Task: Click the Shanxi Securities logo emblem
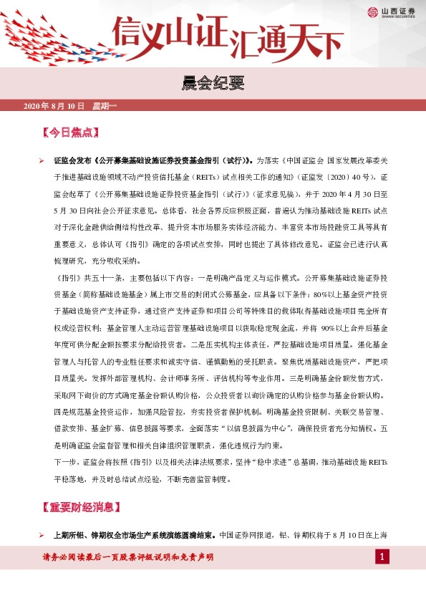(x=372, y=11)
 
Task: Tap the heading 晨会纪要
(x=213, y=85)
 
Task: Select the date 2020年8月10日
(x=54, y=107)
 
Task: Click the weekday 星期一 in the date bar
(x=105, y=107)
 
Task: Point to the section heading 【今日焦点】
(x=70, y=132)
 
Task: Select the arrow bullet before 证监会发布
(x=42, y=161)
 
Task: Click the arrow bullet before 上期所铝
(x=42, y=535)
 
